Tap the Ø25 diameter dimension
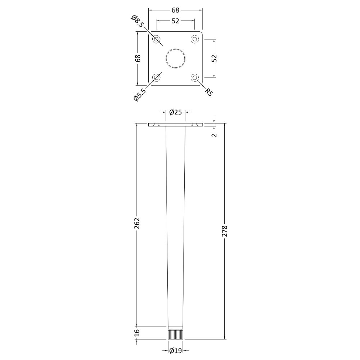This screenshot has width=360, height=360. (175, 112)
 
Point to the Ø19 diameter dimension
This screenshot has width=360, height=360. (175, 350)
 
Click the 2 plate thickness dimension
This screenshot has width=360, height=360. (214, 135)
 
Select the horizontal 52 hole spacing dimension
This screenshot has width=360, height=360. (175, 21)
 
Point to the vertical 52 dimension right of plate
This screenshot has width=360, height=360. (214, 58)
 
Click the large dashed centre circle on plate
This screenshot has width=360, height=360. (176, 58)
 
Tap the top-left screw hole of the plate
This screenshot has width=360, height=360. (157, 39)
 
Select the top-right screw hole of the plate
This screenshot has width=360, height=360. (195, 39)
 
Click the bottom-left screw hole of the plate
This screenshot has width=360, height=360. (157, 77)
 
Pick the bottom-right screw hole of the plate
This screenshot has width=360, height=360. (195, 77)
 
